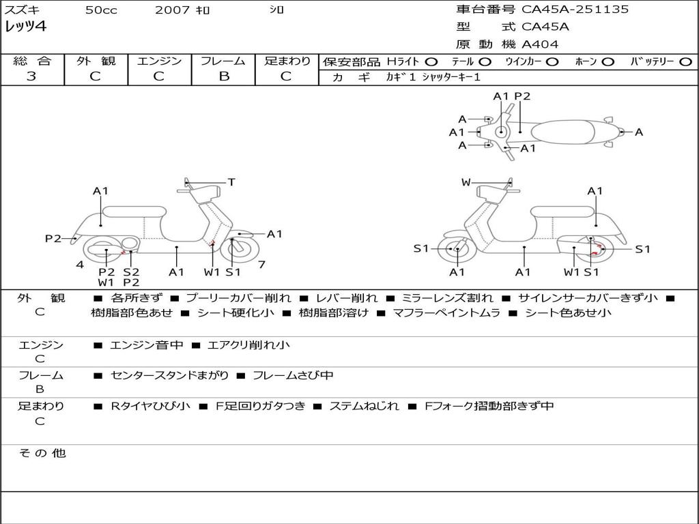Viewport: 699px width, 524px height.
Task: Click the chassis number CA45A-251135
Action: click(x=575, y=10)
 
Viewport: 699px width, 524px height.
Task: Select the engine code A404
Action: click(x=540, y=44)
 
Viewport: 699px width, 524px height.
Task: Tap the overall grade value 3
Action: click(x=31, y=76)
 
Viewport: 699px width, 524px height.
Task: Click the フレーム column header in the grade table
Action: click(x=223, y=61)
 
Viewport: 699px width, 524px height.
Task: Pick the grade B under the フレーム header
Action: click(x=223, y=76)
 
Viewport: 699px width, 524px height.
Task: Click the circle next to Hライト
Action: click(x=431, y=61)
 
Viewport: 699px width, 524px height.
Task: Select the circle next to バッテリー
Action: click(x=686, y=61)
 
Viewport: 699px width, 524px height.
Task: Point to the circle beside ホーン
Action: click(x=608, y=61)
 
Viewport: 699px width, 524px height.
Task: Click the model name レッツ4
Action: click(x=26, y=27)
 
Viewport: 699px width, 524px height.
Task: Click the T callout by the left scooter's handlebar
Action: click(x=231, y=182)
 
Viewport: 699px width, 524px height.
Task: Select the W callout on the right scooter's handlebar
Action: click(x=466, y=182)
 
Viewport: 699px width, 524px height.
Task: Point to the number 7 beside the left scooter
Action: click(x=261, y=264)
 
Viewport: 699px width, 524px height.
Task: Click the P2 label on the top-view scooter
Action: click(x=522, y=96)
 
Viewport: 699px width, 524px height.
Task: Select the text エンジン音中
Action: click(x=147, y=345)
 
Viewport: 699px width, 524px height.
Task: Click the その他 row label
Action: click(x=42, y=453)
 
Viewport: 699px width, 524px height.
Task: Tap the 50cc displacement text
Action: click(x=101, y=10)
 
